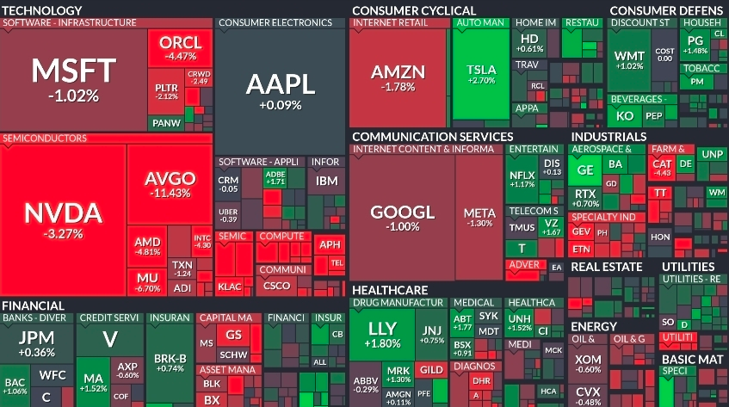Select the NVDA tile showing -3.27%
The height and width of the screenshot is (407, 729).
[63, 219]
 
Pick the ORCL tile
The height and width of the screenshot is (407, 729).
[180, 48]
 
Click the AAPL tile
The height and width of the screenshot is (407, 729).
[280, 90]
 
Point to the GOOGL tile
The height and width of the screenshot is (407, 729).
[402, 217]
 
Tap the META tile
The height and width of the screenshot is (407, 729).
[479, 217]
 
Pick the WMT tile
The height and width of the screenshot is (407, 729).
[628, 60]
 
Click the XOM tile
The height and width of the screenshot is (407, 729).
[589, 363]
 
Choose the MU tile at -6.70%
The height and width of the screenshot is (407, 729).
[148, 282]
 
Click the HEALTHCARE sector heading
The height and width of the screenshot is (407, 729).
[390, 290]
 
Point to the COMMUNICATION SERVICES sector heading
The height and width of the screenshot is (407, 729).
[432, 136]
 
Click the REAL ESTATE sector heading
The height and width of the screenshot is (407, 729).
[606, 267]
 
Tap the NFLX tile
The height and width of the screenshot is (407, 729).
[522, 178]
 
